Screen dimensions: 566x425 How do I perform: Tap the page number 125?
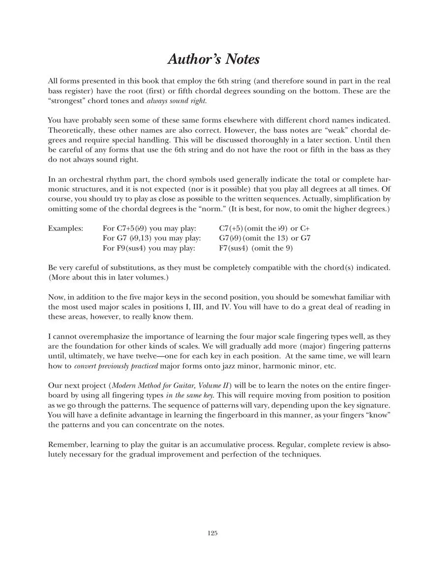coord(212,533)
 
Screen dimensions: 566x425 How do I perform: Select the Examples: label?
coord(65,228)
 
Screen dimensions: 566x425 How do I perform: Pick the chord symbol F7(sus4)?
coord(233,248)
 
